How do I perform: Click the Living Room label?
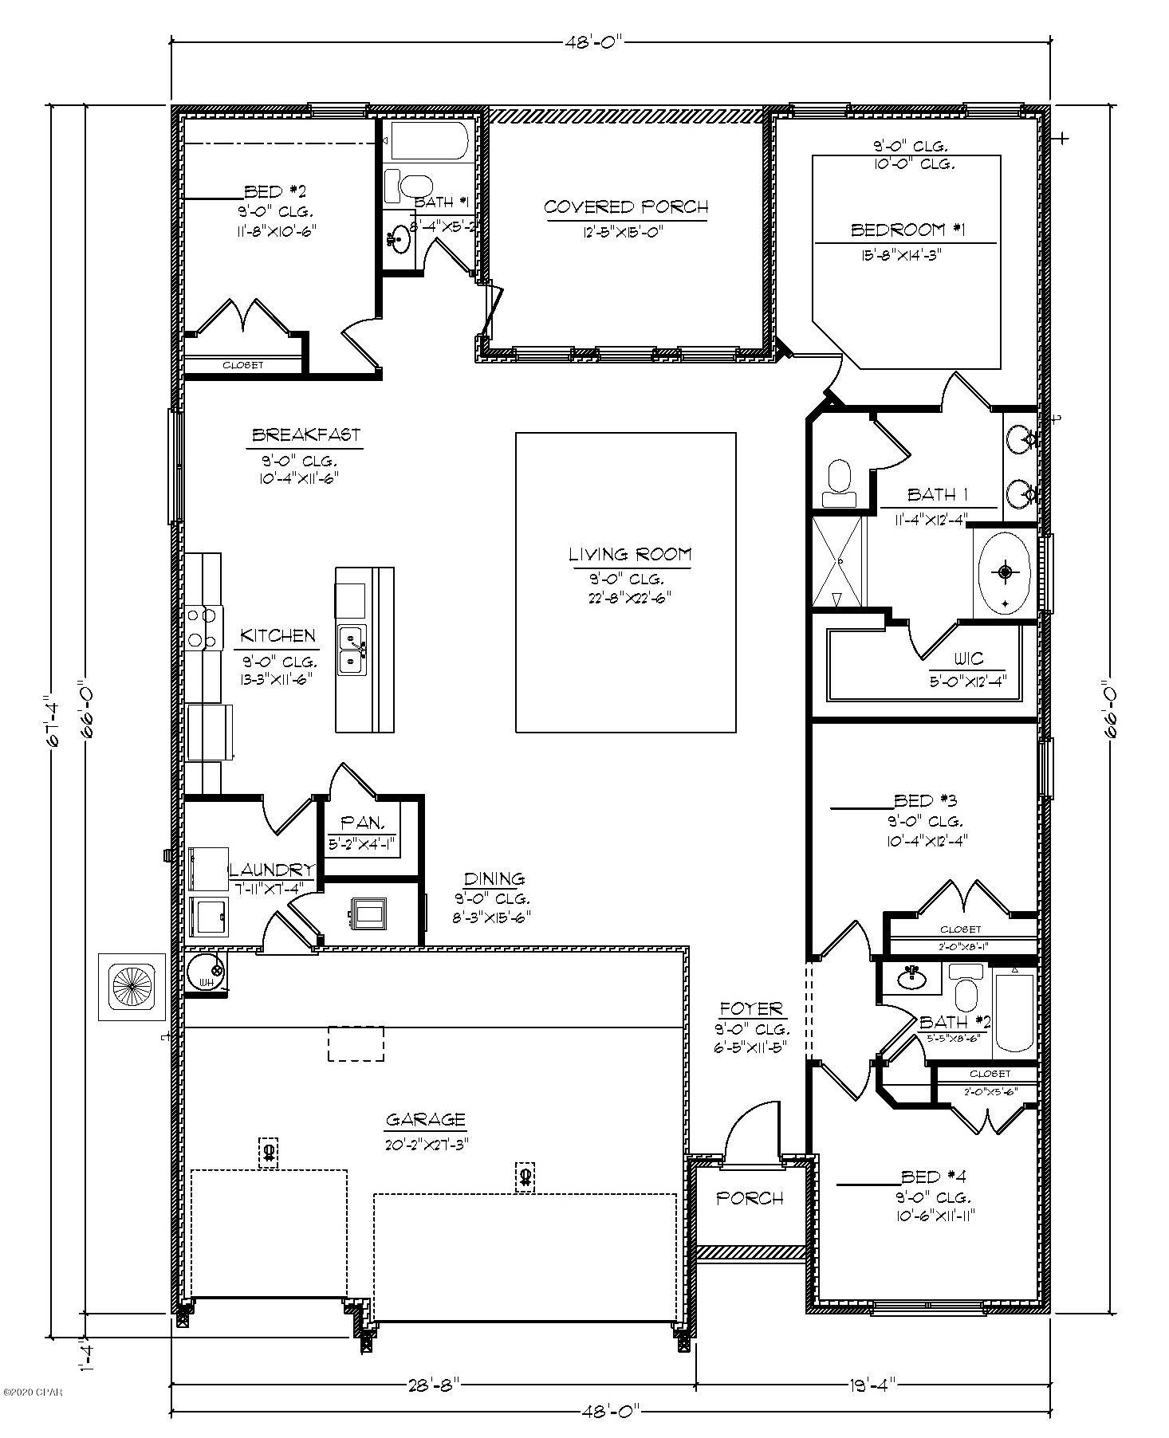point(629,554)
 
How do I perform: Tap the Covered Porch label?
point(625,207)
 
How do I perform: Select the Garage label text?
point(425,1119)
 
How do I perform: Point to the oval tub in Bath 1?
point(1004,572)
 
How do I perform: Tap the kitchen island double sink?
point(351,650)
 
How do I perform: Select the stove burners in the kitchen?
point(202,627)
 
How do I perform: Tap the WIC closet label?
point(968,659)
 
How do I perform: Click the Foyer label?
point(750,1008)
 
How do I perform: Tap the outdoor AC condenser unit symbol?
point(132,987)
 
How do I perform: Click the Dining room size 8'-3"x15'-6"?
point(491,917)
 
